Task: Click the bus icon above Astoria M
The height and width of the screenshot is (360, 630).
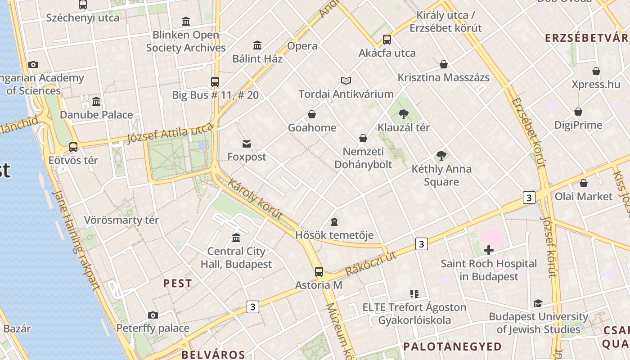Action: click(x=319, y=271)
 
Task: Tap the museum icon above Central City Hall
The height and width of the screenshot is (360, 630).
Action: click(x=236, y=237)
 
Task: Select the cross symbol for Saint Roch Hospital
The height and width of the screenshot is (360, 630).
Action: click(x=489, y=250)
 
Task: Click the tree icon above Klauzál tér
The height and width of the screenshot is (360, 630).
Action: click(x=404, y=114)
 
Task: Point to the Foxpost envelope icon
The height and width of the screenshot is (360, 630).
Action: click(x=247, y=144)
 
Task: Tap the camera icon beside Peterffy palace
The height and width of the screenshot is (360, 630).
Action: click(x=153, y=315)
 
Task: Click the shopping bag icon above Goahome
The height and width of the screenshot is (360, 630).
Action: click(x=311, y=114)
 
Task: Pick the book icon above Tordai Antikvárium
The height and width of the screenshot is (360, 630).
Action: click(x=346, y=81)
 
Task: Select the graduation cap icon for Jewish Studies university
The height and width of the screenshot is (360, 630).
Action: click(x=538, y=303)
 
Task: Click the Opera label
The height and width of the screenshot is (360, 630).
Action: click(x=302, y=46)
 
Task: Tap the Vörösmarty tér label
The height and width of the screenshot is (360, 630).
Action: click(x=121, y=220)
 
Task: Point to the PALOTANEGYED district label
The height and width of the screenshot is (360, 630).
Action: click(x=452, y=346)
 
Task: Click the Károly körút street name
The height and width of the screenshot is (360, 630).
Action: click(x=255, y=199)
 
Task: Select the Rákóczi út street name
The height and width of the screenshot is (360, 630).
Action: click(x=371, y=264)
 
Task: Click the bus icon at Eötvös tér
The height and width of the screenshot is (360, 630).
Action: click(x=73, y=147)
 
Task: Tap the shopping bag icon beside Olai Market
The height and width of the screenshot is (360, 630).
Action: click(x=583, y=183)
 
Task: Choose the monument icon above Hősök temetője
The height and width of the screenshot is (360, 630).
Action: click(x=334, y=222)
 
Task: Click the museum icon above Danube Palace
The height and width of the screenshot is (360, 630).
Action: click(x=96, y=101)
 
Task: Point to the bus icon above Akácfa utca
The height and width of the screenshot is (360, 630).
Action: click(x=387, y=39)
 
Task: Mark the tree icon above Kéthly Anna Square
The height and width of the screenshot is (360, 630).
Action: click(x=441, y=156)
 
